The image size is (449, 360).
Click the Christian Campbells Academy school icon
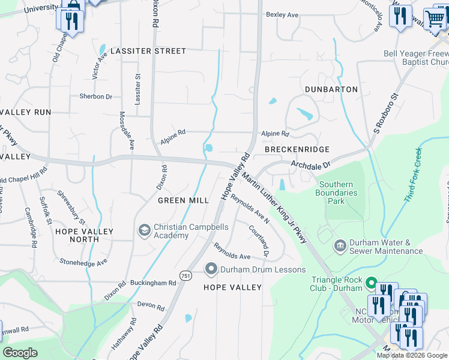point(144,230)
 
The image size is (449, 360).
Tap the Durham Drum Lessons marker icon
point(211,269)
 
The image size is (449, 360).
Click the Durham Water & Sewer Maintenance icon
point(340,246)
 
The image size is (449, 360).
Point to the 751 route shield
point(185,275)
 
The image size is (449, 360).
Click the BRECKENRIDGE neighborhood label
point(297,149)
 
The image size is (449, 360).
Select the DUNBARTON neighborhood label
point(331,89)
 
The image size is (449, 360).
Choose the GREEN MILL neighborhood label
point(183,200)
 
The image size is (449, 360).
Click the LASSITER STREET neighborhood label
point(148,51)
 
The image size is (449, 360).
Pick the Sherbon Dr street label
point(95,96)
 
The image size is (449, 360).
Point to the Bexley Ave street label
point(282,14)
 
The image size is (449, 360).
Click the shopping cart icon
point(435,18)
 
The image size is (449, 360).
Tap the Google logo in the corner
point(20,353)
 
